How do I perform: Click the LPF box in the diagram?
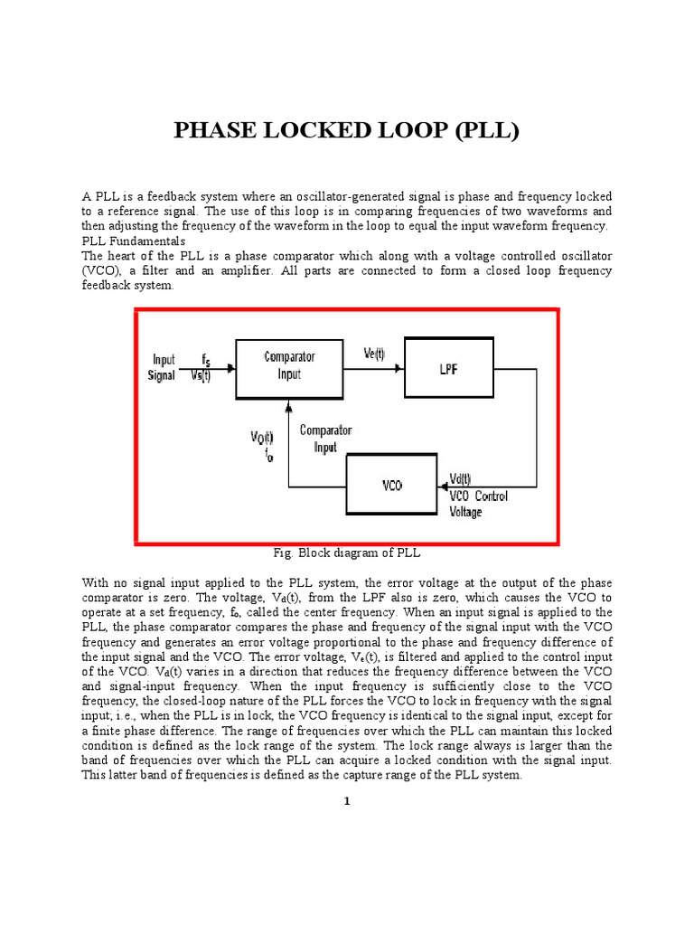pos(448,367)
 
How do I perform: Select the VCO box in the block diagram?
pos(391,485)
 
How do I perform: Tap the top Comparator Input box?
pos(289,365)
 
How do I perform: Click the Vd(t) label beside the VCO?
pos(459,479)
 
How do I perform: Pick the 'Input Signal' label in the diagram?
pos(164,367)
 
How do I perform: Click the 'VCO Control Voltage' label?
pos(478,504)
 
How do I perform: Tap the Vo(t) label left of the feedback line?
pos(263,439)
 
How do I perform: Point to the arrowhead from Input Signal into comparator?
pos(231,368)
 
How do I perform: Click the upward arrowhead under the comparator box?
pos(289,404)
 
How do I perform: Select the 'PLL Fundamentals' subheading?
pos(134,241)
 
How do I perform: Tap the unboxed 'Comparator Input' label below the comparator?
pos(325,439)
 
